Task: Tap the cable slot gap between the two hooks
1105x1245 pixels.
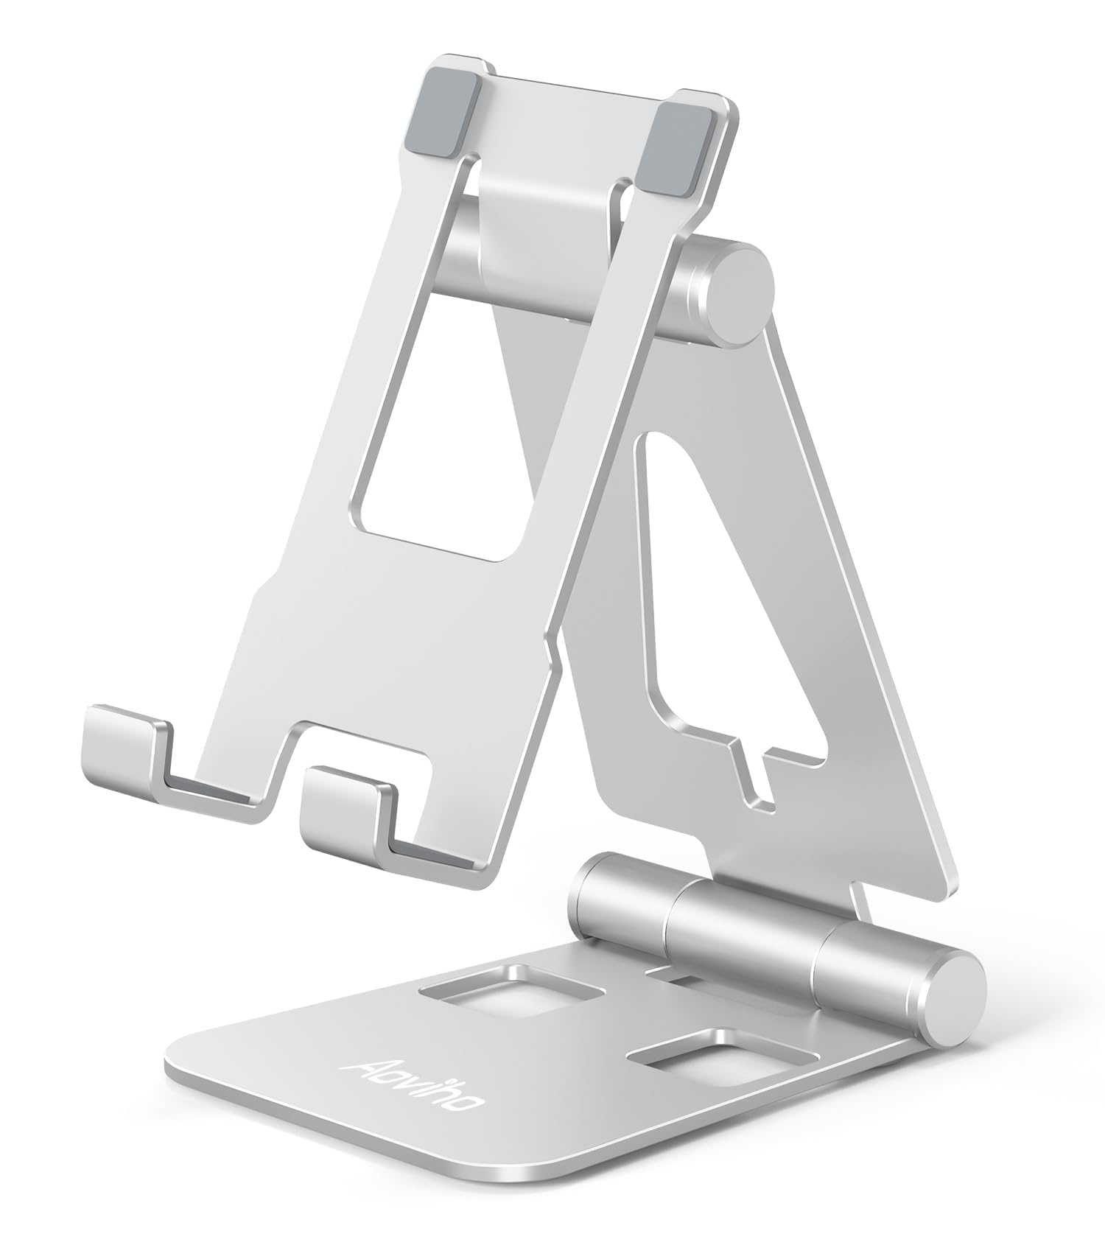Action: pos(287,774)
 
